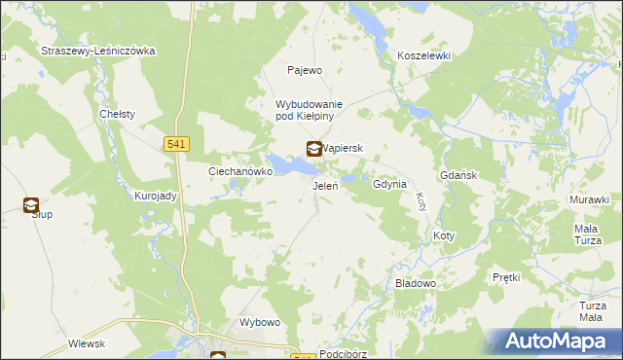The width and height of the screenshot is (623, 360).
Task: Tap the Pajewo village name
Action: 304,70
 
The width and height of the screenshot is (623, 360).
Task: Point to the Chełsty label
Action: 117,114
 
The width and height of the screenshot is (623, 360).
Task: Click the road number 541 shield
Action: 176,144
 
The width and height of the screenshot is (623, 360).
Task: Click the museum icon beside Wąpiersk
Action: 314,150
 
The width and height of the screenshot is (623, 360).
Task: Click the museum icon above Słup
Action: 31,204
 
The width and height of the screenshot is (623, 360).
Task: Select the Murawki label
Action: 589,199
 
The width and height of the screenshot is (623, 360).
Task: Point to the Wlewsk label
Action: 87,343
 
